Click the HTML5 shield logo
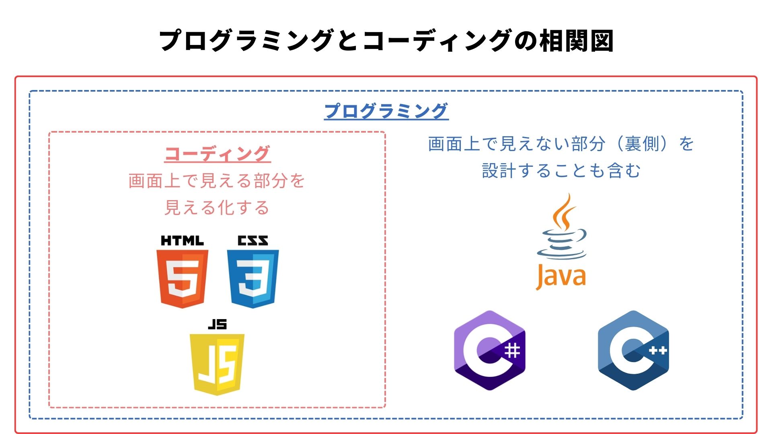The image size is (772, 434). [x=182, y=278]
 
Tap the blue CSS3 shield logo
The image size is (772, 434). [x=253, y=278]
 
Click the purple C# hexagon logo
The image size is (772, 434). [x=490, y=350]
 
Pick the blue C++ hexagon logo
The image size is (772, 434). [x=633, y=350]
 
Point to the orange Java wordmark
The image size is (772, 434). [x=561, y=276]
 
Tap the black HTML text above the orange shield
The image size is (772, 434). [x=182, y=241]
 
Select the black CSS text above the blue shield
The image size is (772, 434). [x=253, y=241]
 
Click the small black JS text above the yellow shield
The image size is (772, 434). [x=217, y=324]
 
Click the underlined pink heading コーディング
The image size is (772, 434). [x=217, y=154]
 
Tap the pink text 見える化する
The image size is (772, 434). [x=217, y=208]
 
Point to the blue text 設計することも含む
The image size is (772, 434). [x=561, y=170]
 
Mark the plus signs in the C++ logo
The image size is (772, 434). [x=658, y=351]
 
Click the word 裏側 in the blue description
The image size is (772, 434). [x=642, y=144]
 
